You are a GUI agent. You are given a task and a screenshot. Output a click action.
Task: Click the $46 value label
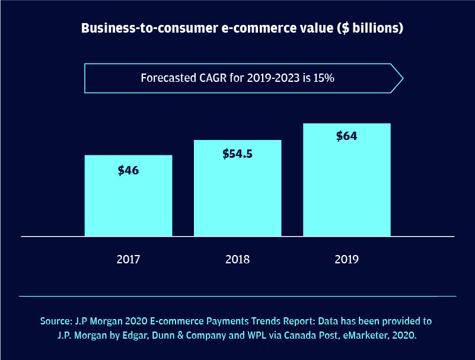(x=128, y=170)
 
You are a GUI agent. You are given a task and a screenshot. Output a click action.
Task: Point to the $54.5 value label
(x=237, y=154)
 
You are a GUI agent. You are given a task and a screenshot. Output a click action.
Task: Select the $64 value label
(x=346, y=136)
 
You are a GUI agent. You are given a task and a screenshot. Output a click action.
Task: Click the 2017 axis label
(x=128, y=259)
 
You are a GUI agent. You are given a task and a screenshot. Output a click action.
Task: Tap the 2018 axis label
(x=237, y=259)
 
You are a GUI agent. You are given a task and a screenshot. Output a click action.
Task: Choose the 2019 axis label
(x=346, y=259)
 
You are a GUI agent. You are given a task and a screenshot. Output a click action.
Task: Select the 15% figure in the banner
(x=324, y=78)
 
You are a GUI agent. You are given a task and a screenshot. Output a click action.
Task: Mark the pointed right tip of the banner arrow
(x=403, y=78)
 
